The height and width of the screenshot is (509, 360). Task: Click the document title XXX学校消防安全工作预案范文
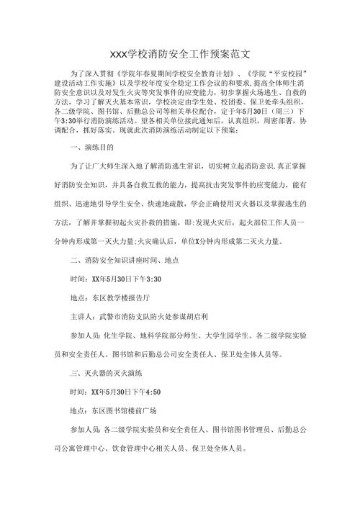(x=180, y=55)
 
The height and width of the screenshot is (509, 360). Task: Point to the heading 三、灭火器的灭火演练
(x=102, y=373)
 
